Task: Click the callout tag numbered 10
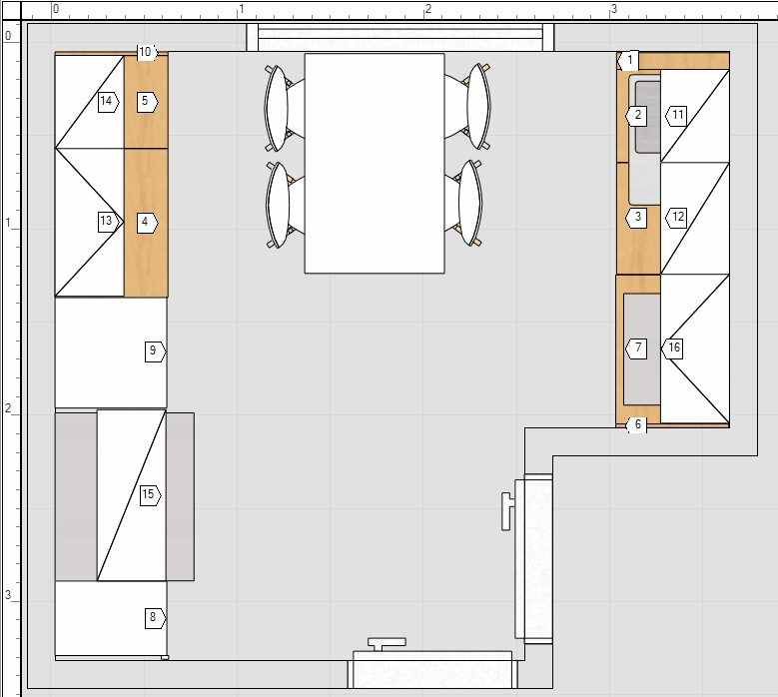(x=147, y=52)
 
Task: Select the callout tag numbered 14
(x=108, y=102)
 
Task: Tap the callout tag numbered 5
(x=147, y=102)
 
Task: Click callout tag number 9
(x=155, y=351)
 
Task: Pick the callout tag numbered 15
(x=150, y=495)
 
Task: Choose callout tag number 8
(x=155, y=618)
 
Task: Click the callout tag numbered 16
(x=672, y=348)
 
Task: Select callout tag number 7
(x=636, y=348)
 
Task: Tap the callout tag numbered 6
(x=636, y=425)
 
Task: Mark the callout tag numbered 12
(x=676, y=218)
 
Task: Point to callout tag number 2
(x=636, y=116)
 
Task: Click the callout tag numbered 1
(x=627, y=61)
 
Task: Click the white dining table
(x=375, y=163)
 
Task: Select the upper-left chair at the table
(x=285, y=108)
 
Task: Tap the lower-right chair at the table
(x=463, y=203)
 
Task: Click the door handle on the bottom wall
(x=388, y=644)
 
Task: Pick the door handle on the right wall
(x=507, y=511)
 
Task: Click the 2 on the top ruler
(x=428, y=9)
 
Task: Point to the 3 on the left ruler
(x=8, y=595)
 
